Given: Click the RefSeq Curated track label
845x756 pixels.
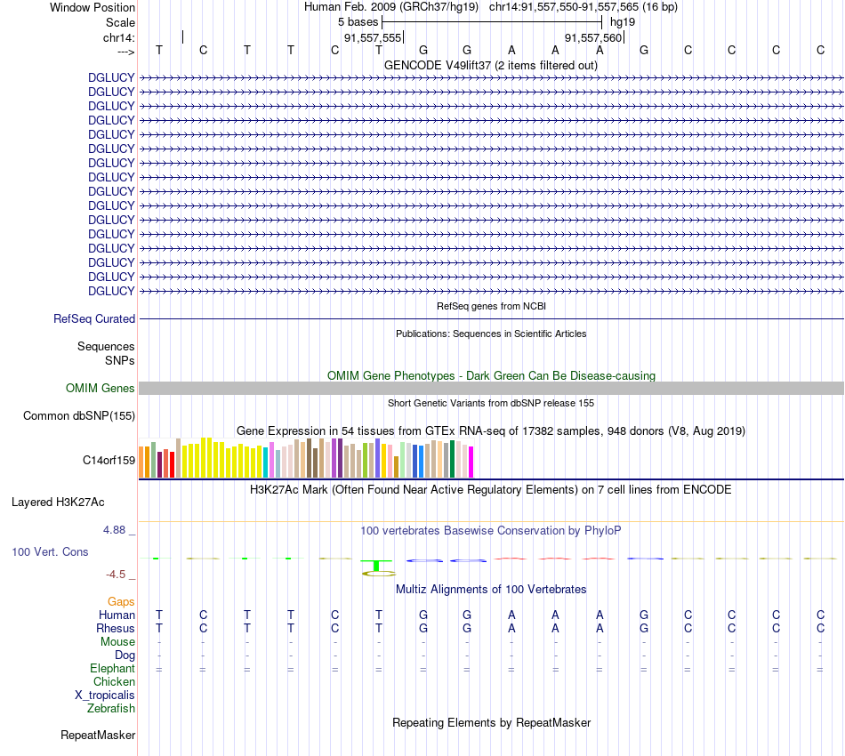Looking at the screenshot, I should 94,318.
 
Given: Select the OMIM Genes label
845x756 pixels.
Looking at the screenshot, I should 101,388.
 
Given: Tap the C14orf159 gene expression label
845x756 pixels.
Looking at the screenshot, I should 109,460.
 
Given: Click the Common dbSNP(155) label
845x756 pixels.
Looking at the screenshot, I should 79,415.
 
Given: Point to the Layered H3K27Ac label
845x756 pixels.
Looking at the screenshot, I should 58,502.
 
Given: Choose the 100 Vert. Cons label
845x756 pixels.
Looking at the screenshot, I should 50,551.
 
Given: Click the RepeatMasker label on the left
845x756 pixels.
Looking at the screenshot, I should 98,735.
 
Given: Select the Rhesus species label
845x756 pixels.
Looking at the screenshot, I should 116,628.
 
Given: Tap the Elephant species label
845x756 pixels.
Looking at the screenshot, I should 112,668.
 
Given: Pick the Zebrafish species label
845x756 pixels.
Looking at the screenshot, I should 111,708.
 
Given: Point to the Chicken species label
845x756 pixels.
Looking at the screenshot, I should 114,681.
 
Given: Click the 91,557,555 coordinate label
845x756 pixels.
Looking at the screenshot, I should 373,37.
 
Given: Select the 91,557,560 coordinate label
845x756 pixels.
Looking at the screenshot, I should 593,37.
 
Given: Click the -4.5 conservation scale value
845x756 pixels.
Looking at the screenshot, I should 119,574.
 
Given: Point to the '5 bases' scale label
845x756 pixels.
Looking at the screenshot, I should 358,20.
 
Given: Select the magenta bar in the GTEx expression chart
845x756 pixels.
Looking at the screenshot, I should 471,462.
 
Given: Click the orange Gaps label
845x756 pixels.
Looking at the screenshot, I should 121,601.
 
